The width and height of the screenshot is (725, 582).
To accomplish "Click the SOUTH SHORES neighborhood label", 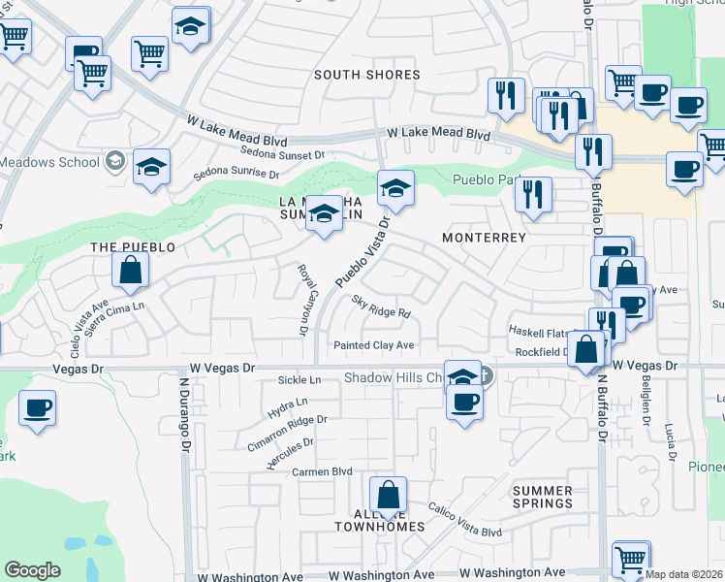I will (x=366, y=75).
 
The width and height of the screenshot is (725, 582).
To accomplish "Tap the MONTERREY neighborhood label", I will (x=484, y=237).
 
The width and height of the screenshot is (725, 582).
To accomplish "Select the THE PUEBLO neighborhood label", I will (x=133, y=247).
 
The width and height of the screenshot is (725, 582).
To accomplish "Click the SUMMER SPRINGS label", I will (x=542, y=497).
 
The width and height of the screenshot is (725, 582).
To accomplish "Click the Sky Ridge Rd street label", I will (x=381, y=307).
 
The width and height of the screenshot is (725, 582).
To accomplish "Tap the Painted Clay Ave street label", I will (x=374, y=345).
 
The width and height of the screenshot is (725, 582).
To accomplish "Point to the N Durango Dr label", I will (x=181, y=414).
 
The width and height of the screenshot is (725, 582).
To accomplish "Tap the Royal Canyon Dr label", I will (x=301, y=301).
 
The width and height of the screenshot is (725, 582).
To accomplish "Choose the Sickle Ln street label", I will (x=299, y=381).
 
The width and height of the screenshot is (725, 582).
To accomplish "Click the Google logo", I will (x=32, y=570).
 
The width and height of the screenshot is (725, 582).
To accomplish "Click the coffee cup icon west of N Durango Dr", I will (x=37, y=408).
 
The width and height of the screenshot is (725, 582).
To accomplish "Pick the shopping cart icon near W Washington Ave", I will (x=631, y=560).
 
